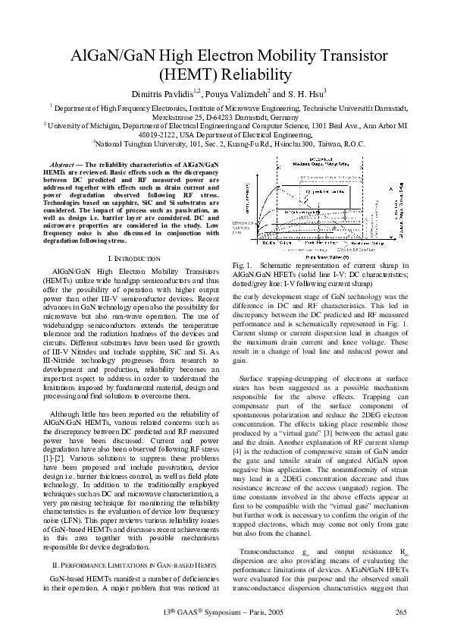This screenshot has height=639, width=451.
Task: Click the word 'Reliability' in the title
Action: [x=253, y=75]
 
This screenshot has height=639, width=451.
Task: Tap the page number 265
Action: [x=402, y=612]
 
